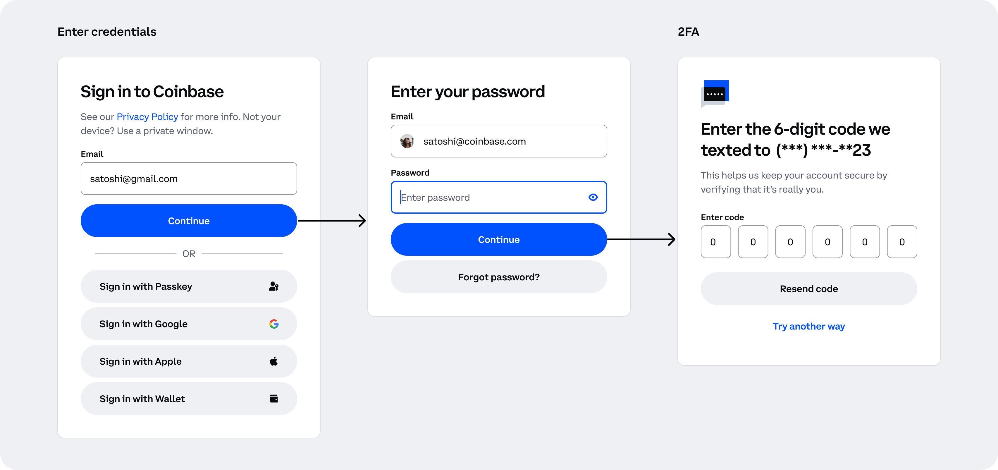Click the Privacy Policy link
147,117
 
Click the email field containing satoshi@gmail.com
189,179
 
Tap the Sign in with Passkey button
189,286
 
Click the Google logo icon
274,324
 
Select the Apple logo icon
274,361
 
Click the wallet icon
274,398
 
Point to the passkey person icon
274,286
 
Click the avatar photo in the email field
407,141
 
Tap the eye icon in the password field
593,197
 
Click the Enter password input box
499,197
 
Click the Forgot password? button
499,277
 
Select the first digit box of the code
715,242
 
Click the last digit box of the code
902,242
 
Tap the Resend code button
809,289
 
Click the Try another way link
809,326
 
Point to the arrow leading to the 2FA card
641,239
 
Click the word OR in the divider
189,254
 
